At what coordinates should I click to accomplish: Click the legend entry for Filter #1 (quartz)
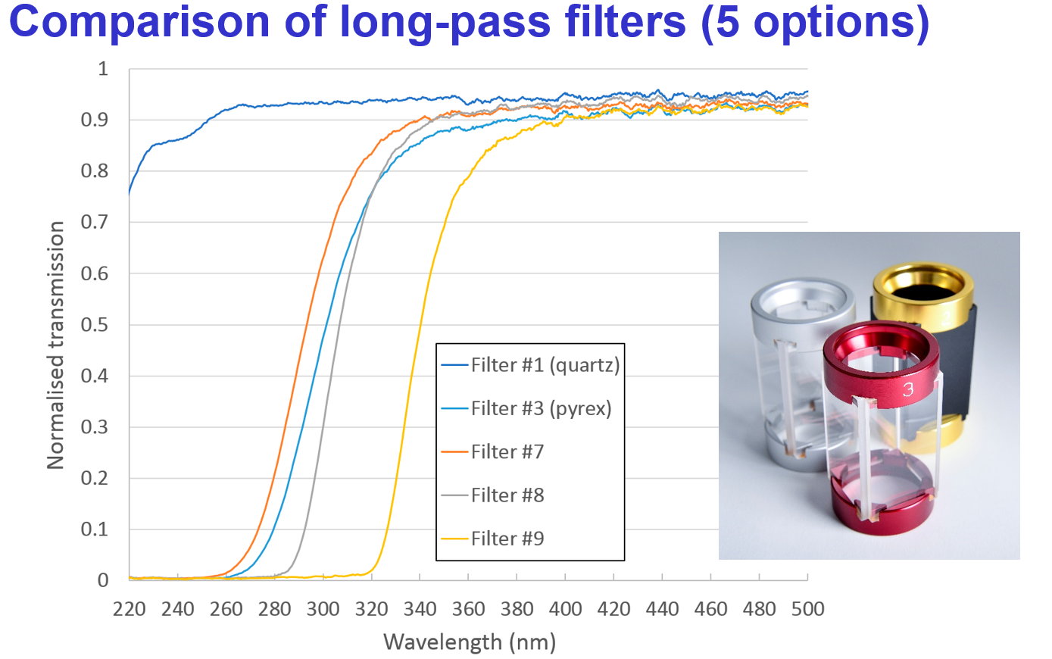point(545,365)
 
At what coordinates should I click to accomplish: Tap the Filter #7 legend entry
point(507,451)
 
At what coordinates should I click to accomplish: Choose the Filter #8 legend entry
point(507,495)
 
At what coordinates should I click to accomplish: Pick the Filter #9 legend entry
point(507,539)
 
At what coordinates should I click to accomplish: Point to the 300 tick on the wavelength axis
point(323,609)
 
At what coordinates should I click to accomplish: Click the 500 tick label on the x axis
point(807,609)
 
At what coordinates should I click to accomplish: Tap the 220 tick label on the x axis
point(129,609)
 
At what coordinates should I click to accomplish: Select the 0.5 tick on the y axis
point(95,325)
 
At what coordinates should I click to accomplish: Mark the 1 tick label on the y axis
point(103,69)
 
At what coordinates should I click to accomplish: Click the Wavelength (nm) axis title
point(470,642)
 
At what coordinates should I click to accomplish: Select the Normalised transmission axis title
point(56,345)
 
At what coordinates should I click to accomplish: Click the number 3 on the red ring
point(908,389)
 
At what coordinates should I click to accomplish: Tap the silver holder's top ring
point(803,301)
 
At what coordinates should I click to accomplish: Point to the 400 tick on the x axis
point(565,609)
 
